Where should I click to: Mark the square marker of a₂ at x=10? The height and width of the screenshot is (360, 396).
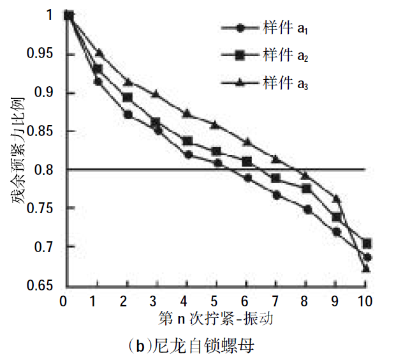tap(366, 244)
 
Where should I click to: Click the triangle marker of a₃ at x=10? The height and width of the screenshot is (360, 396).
tap(365, 269)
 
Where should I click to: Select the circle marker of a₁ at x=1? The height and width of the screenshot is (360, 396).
tap(98, 82)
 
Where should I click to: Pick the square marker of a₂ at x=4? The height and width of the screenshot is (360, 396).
tap(187, 141)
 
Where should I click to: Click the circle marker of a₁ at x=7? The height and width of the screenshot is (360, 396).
tap(277, 195)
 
